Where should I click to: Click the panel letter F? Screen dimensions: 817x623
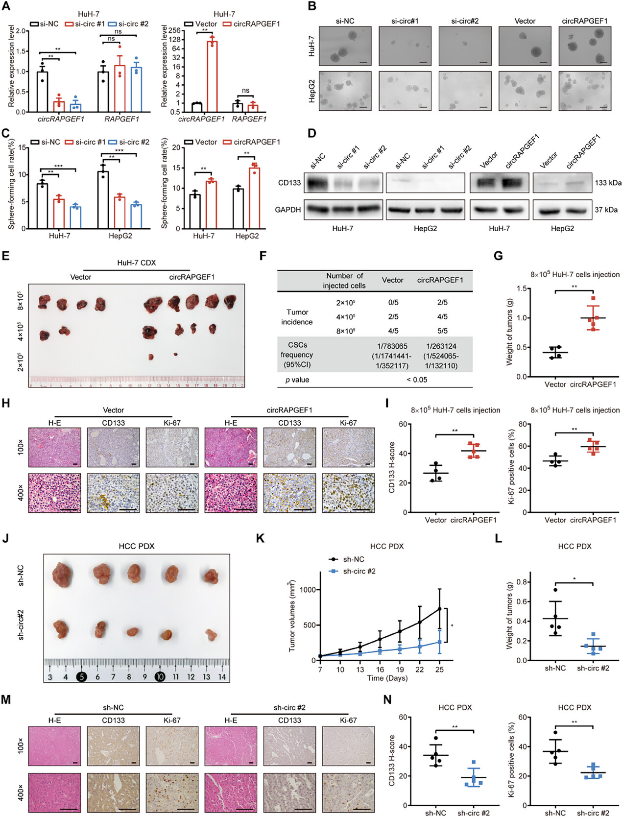[x=263, y=255]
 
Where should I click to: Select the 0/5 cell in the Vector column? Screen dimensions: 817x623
[x=393, y=303]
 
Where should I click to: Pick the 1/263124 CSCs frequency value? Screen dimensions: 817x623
[x=441, y=346]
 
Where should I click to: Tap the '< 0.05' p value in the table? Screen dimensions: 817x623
[x=416, y=380]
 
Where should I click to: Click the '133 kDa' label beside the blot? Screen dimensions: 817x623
[x=608, y=183]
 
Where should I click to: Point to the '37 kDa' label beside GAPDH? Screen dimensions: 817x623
[x=606, y=210]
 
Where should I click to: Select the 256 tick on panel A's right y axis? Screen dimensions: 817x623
[x=175, y=30]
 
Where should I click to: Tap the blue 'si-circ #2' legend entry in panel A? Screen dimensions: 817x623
[x=128, y=24]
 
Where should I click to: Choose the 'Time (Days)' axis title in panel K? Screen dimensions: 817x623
[x=387, y=678]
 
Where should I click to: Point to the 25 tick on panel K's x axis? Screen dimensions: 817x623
[x=439, y=670]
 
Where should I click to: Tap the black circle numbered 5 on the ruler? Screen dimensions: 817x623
[x=81, y=676]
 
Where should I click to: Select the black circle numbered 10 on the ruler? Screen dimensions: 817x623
[x=160, y=676]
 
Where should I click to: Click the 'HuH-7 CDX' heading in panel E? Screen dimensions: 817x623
[x=136, y=263]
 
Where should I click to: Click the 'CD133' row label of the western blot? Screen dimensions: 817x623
[x=289, y=183]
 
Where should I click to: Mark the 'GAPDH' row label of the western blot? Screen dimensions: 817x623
[x=288, y=210]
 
